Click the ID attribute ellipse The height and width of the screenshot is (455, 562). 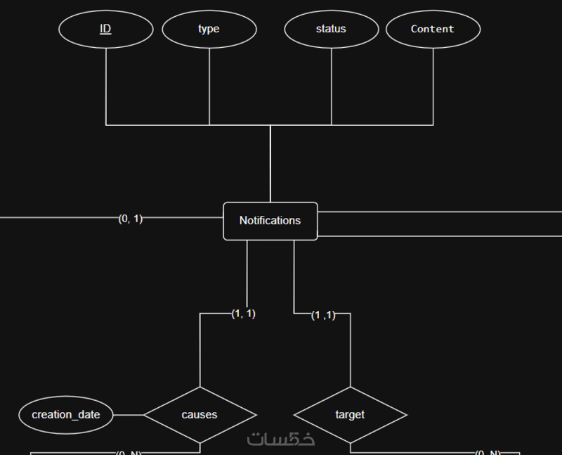[x=105, y=29]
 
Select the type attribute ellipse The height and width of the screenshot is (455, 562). [x=209, y=29]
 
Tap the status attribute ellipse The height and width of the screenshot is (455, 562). [x=331, y=29]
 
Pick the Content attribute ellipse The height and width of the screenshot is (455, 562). [x=433, y=29]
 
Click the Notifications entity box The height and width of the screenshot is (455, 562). [x=270, y=221]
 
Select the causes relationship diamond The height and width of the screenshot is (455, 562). [x=200, y=415]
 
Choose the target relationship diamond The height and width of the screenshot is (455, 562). [x=350, y=415]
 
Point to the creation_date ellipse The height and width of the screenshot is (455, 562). [x=66, y=415]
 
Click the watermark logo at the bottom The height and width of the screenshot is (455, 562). [x=280, y=439]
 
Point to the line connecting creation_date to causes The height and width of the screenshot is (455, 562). [x=129, y=415]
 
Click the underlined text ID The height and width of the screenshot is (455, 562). [x=105, y=29]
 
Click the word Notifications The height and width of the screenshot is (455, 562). [x=270, y=220]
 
